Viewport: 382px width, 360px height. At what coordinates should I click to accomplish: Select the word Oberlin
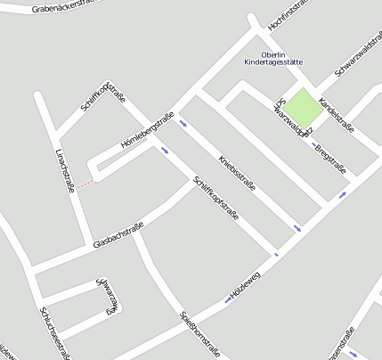(272, 53)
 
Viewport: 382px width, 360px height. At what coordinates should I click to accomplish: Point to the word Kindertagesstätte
(272, 62)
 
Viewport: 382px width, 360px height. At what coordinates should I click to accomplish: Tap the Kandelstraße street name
(336, 114)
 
